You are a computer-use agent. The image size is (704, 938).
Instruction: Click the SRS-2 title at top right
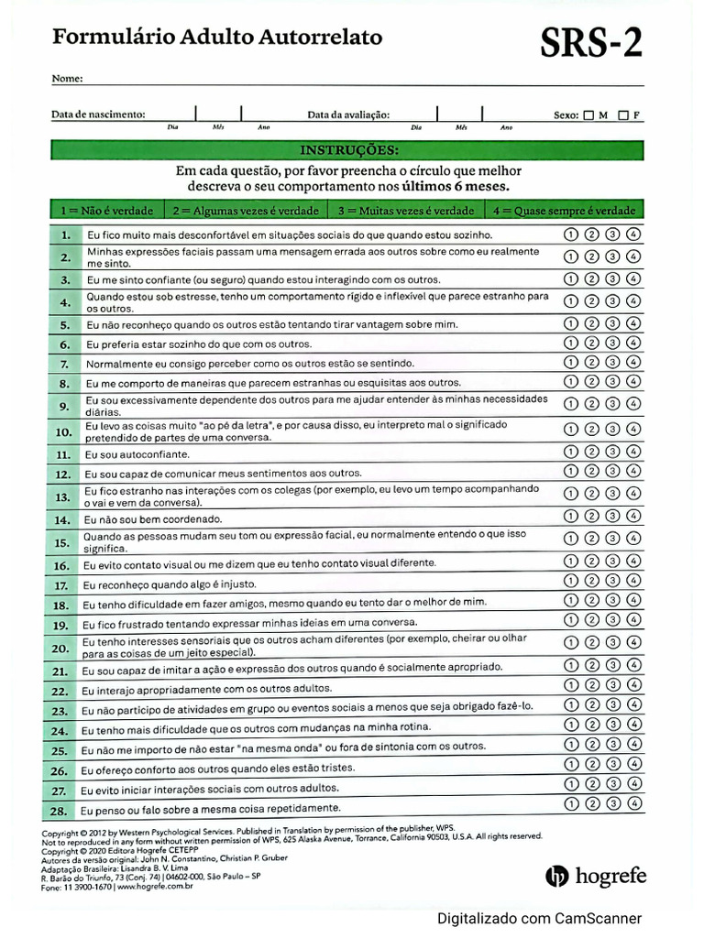click(590, 42)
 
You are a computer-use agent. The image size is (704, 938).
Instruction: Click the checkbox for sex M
click(588, 115)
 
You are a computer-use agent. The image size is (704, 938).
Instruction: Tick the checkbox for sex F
click(623, 115)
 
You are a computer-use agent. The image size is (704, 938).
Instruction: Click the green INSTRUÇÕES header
click(348, 149)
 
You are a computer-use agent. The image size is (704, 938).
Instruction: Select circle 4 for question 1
click(634, 234)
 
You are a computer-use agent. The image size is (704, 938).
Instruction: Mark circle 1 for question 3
click(570, 279)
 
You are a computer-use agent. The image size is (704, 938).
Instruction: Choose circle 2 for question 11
click(591, 452)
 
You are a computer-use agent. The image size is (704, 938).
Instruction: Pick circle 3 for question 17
click(612, 582)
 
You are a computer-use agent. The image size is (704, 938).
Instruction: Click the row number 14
click(62, 519)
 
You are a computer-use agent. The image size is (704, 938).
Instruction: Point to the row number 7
click(64, 365)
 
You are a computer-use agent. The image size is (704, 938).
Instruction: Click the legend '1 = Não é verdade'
click(106, 210)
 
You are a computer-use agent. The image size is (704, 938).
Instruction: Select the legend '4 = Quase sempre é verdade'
click(564, 210)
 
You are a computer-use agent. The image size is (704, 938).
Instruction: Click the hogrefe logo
click(596, 877)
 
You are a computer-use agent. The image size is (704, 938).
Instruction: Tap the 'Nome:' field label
click(67, 79)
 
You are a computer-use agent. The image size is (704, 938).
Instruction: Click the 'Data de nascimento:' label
click(98, 115)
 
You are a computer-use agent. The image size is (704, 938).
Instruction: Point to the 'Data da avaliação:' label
click(348, 115)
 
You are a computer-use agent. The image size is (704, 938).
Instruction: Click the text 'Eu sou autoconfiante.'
click(137, 453)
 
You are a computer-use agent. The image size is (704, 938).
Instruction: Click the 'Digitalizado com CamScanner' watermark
click(539, 919)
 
